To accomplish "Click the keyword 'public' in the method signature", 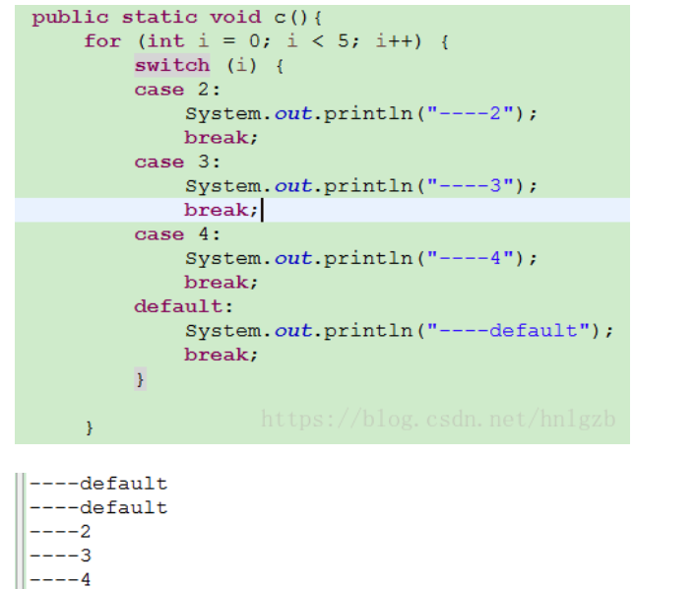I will coord(70,17).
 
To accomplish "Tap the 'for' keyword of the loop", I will coord(102,41).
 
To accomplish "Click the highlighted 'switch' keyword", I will coord(172,65).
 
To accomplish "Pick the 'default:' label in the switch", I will coord(178,306).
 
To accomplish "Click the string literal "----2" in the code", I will coord(475,113).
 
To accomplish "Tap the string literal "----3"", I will coord(475,185).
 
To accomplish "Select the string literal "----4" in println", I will coord(475,258).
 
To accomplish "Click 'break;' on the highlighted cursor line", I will coord(222,210).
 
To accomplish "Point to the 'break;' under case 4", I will coord(222,283).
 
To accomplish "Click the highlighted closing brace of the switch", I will coord(141,379).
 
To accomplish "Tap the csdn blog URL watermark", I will coord(438,420).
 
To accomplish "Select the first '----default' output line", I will coord(98,484).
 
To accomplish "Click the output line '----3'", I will coord(60,556).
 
